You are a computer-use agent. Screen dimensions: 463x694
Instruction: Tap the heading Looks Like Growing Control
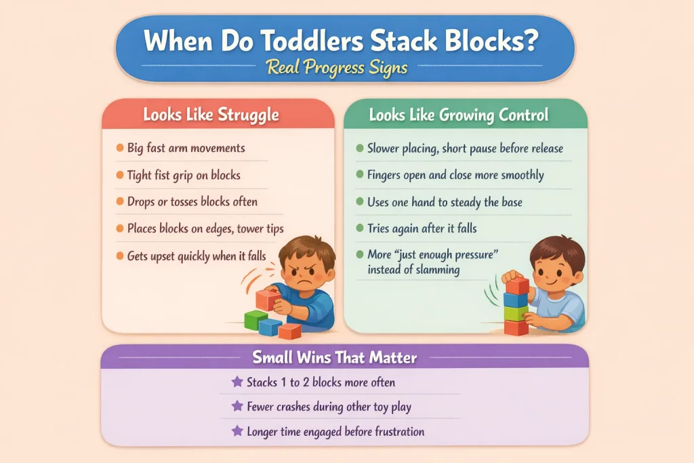(458, 115)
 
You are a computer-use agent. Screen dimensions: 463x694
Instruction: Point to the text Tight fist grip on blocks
(184, 175)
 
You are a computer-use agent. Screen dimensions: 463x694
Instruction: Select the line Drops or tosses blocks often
(192, 201)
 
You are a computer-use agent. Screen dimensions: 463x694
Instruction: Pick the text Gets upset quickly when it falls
(197, 256)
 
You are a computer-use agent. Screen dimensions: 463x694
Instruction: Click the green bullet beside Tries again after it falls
(360, 228)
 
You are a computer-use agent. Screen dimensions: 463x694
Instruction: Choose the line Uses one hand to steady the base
(443, 201)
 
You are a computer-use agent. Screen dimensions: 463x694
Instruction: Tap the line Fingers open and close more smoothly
(455, 175)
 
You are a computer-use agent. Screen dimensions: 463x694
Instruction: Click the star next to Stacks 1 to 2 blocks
(237, 382)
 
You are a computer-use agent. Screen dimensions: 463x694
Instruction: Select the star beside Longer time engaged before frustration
(237, 431)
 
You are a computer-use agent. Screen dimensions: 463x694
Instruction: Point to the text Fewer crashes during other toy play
(329, 407)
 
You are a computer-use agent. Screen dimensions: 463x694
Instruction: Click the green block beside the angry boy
(256, 319)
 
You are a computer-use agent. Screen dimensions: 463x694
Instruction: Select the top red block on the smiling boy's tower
(517, 285)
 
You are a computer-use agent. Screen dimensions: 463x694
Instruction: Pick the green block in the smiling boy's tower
(516, 313)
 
